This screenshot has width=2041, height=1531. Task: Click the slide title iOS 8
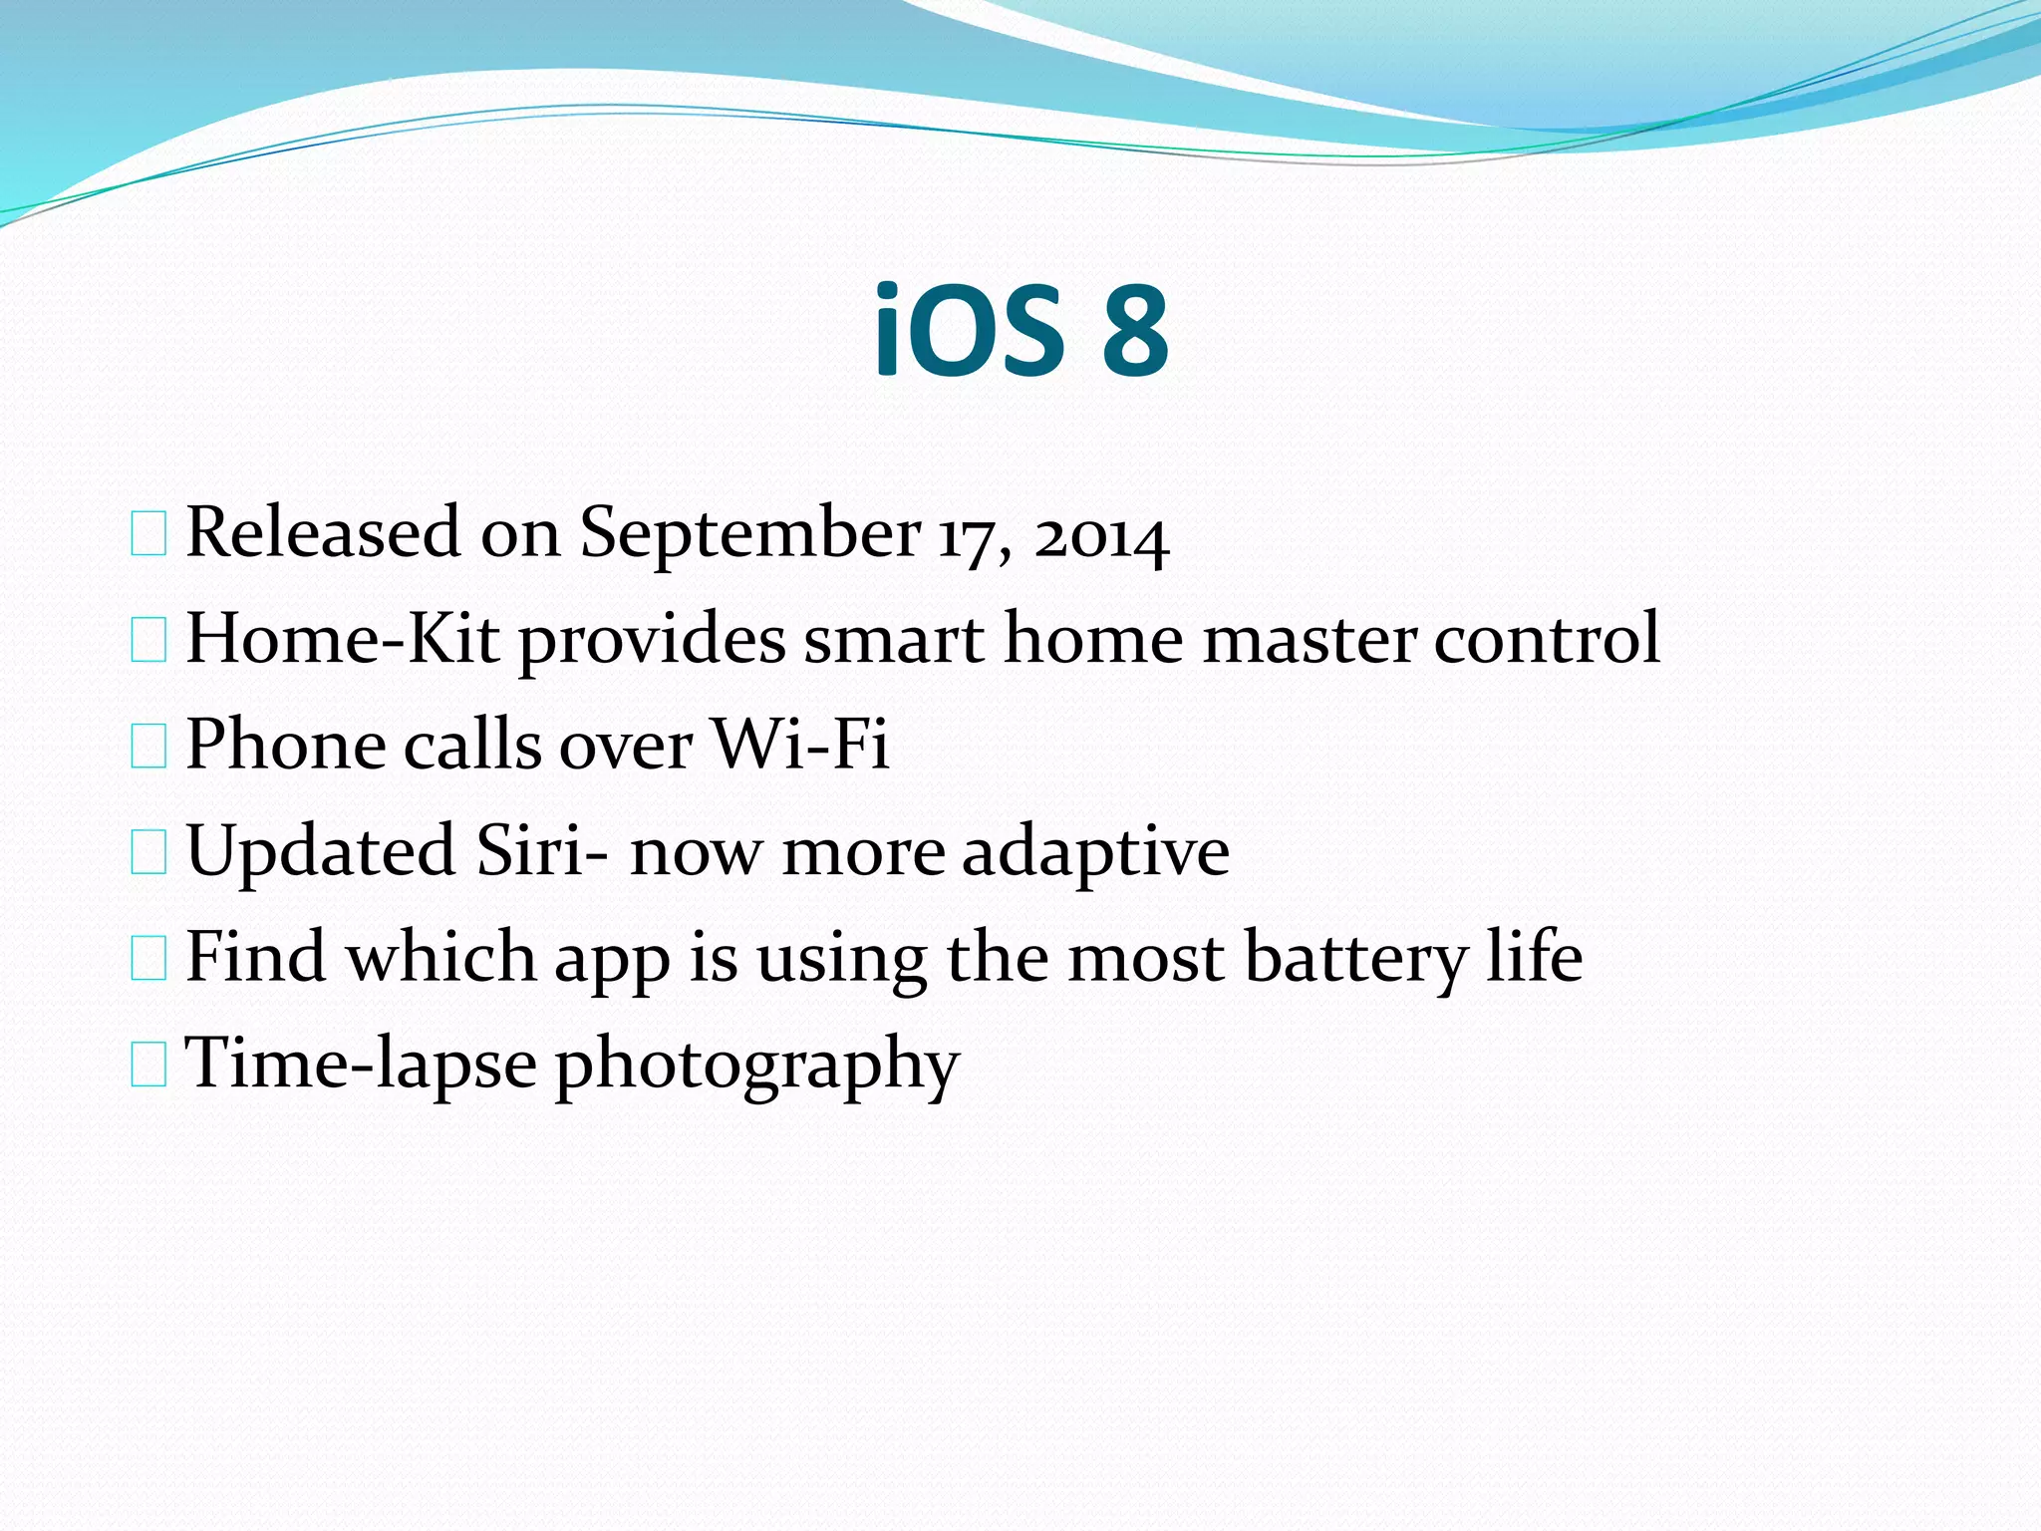point(1020,332)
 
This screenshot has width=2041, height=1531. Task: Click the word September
point(749,534)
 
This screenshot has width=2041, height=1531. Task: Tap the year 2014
point(1100,538)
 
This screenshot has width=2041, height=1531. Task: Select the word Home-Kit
point(342,639)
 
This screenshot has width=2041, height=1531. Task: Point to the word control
point(1547,639)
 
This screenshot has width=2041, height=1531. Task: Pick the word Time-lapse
point(362,1066)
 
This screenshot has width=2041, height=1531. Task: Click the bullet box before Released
point(148,535)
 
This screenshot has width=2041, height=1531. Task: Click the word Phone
point(285,745)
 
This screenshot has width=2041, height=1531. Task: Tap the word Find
point(255,957)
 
